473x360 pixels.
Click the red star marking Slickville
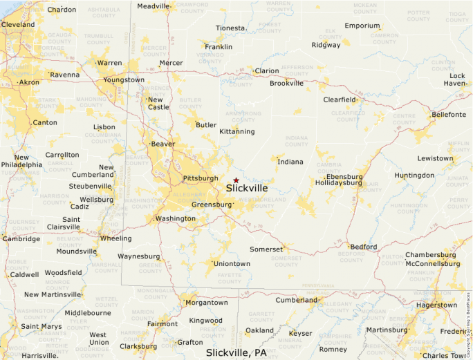236,180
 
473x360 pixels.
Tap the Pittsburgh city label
201,178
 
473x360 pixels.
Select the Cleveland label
18,24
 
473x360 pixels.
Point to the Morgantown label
206,303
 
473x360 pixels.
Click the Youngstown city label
124,79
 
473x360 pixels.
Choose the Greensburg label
212,205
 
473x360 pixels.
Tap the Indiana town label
290,162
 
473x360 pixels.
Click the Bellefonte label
448,114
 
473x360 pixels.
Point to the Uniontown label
232,264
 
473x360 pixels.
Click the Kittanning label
236,131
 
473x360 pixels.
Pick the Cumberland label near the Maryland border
296,300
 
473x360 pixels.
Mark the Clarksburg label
138,346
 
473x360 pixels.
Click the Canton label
45,123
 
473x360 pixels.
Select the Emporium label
362,26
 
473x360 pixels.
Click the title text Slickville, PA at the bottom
236,352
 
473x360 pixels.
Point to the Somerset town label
266,249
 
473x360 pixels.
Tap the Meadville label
154,6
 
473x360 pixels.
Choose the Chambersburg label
431,255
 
